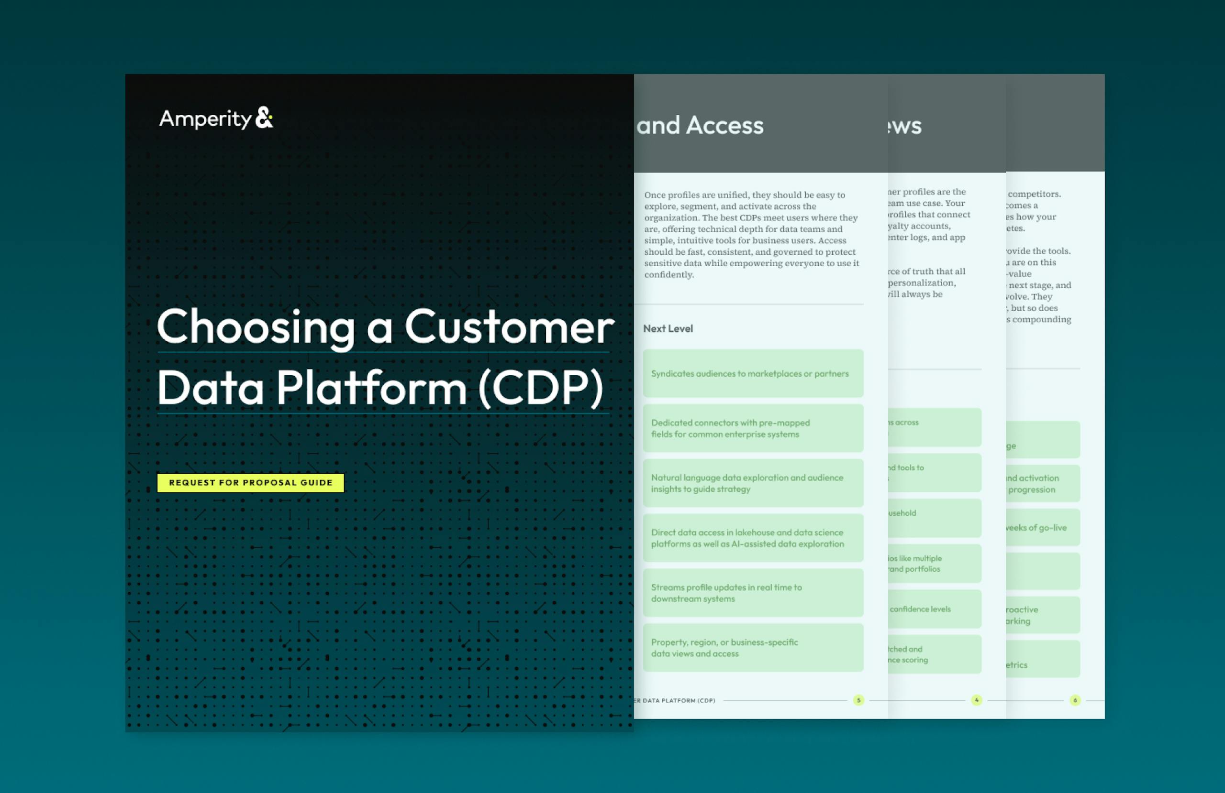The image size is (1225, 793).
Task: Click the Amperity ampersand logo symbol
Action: pos(264,118)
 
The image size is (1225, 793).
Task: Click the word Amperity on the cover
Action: pos(205,119)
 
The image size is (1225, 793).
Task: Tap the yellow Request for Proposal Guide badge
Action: pos(250,482)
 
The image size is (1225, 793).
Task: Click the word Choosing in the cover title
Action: pos(256,327)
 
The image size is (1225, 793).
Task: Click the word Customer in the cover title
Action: pos(509,327)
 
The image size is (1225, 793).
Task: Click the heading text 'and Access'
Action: pos(700,126)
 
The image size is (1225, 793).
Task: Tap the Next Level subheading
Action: pos(668,328)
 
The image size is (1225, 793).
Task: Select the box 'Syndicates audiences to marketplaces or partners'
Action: pos(753,373)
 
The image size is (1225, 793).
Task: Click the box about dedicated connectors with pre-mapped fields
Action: pos(753,428)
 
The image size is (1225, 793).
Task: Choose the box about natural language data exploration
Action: pos(753,483)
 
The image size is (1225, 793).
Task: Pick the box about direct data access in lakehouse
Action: pos(753,538)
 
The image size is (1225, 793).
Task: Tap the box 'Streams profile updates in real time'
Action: pos(753,593)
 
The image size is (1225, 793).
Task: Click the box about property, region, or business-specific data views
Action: pos(753,648)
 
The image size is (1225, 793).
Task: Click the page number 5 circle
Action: pos(858,700)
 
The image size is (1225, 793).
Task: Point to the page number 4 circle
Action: pos(976,700)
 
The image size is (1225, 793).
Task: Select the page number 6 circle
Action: pos(1075,700)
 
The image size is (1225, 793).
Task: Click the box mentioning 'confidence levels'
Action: pos(934,609)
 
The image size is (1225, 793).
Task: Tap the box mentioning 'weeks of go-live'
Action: pos(1043,528)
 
